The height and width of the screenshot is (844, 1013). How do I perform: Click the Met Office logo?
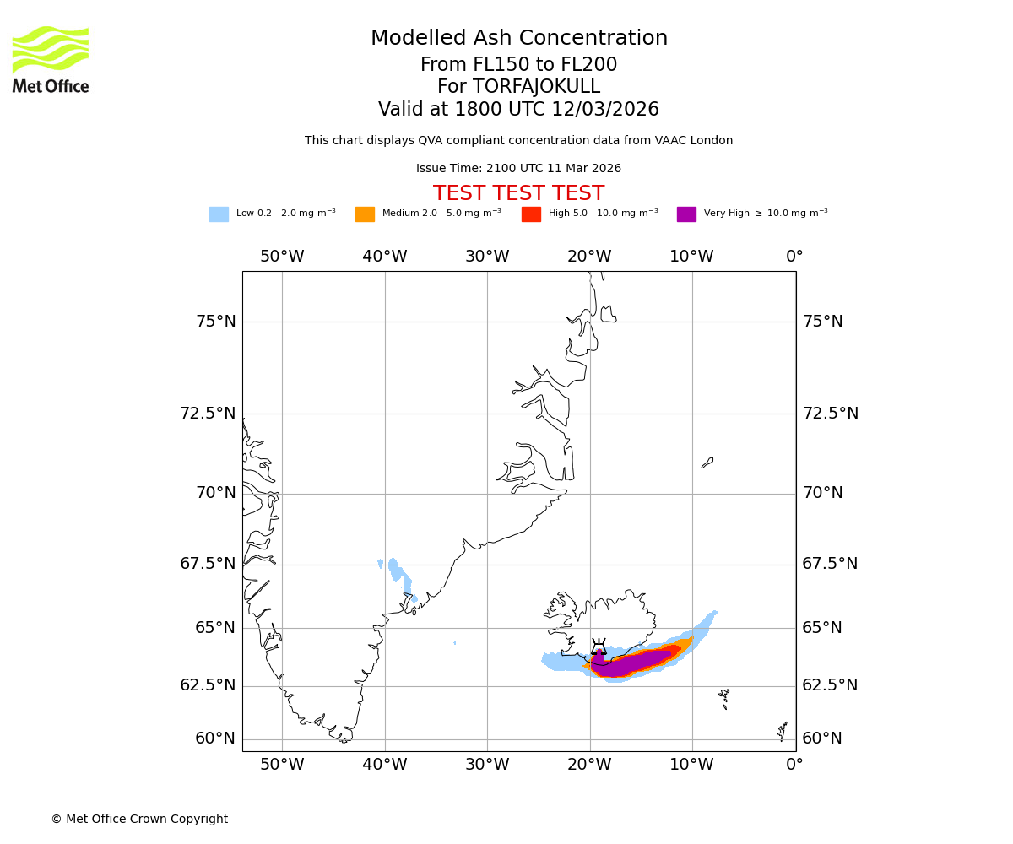click(x=51, y=59)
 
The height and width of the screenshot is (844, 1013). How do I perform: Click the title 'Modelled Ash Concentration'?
click(x=519, y=39)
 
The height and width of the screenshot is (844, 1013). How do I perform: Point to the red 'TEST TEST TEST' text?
click(x=518, y=194)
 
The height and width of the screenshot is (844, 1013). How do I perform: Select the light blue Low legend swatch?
click(x=219, y=214)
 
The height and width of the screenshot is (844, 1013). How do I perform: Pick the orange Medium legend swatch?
click(x=365, y=214)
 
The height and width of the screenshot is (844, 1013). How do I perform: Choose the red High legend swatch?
click(x=531, y=214)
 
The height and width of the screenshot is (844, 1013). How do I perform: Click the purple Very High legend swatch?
click(x=686, y=214)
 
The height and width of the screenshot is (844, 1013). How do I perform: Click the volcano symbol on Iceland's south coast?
click(x=599, y=647)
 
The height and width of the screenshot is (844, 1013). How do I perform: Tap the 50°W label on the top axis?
click(x=282, y=257)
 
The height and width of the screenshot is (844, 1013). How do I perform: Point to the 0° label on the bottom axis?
click(x=794, y=765)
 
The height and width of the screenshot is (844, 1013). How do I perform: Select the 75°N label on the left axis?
click(x=216, y=322)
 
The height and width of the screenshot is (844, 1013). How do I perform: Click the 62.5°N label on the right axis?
click(x=830, y=685)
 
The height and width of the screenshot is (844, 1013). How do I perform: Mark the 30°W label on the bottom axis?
click(x=487, y=765)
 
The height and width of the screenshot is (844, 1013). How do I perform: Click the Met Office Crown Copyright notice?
click(x=139, y=819)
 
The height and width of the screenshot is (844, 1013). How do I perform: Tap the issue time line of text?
click(x=518, y=169)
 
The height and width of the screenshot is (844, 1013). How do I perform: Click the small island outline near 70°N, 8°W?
click(x=707, y=463)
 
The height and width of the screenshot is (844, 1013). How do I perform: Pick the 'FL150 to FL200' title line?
click(x=518, y=65)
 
